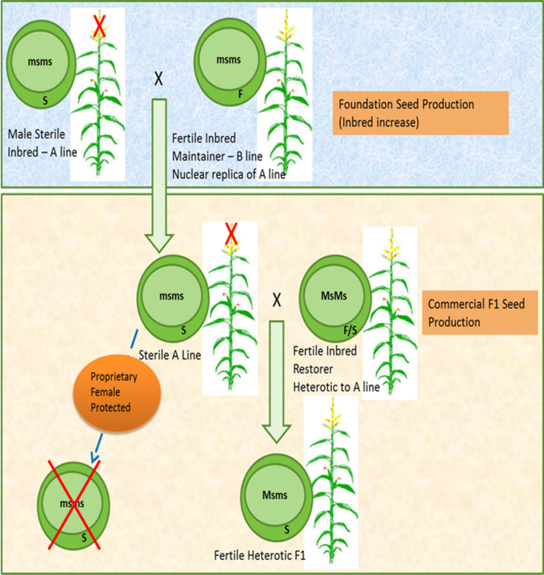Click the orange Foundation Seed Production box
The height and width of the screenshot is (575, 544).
tap(407, 112)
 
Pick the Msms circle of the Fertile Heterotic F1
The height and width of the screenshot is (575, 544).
tap(274, 495)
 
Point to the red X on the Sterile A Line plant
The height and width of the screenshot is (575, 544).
tap(232, 234)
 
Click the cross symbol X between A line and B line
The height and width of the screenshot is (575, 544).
tap(158, 81)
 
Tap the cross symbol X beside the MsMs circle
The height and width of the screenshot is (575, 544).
tap(277, 300)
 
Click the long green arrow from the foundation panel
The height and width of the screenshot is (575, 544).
tap(158, 175)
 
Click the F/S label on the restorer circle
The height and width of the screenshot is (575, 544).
tap(350, 326)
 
